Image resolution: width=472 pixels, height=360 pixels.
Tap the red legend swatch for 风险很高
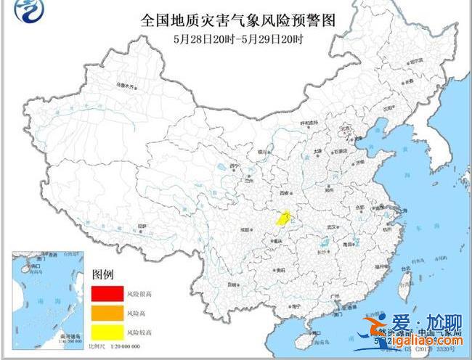[106, 294]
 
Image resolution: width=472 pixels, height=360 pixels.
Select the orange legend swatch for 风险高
[106, 312]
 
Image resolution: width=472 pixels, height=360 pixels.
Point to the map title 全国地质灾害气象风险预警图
[239, 20]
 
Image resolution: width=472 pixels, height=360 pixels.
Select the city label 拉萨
[142, 226]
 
